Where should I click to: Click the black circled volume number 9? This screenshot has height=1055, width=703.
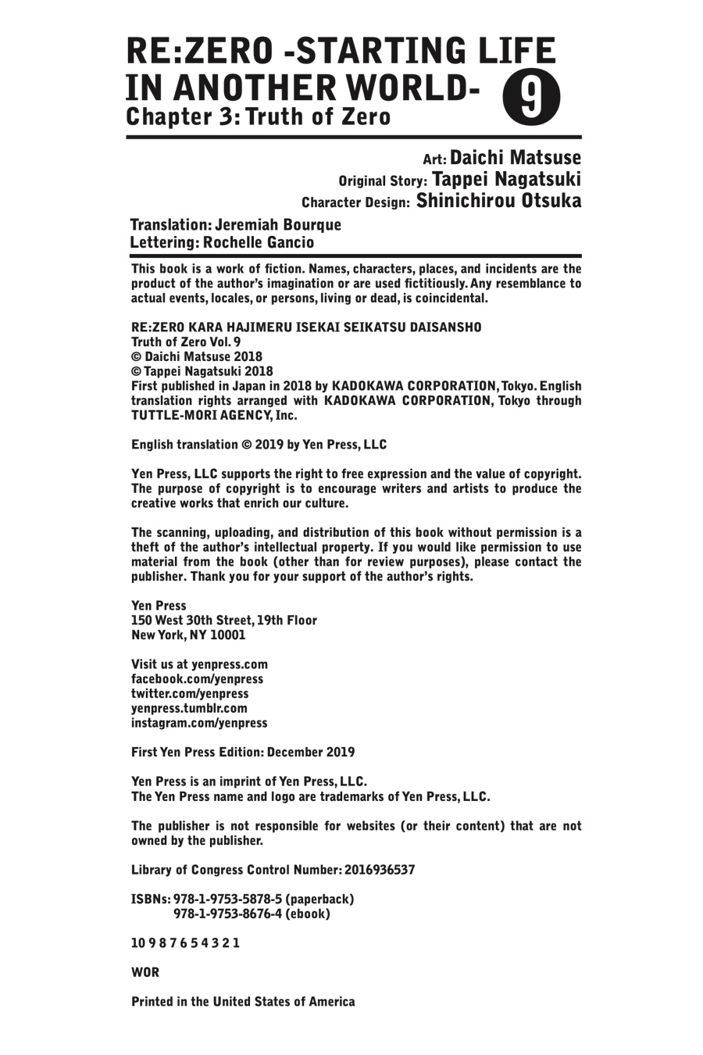tap(528, 98)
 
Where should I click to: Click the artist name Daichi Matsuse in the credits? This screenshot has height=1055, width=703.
tap(516, 159)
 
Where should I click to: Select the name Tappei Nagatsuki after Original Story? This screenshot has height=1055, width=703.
tap(506, 180)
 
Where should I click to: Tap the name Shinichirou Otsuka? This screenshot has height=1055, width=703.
tap(499, 201)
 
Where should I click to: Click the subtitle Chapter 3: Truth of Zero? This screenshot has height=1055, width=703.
tap(258, 117)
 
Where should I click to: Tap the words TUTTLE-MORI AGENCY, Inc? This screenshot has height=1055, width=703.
tap(209, 416)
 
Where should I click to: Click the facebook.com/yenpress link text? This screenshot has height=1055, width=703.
tap(197, 679)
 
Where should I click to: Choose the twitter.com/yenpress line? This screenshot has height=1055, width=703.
tap(190, 693)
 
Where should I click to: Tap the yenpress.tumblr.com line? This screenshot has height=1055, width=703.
tap(189, 708)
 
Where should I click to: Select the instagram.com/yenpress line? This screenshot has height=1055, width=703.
tap(199, 723)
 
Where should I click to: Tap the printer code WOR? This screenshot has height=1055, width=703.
tap(145, 972)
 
